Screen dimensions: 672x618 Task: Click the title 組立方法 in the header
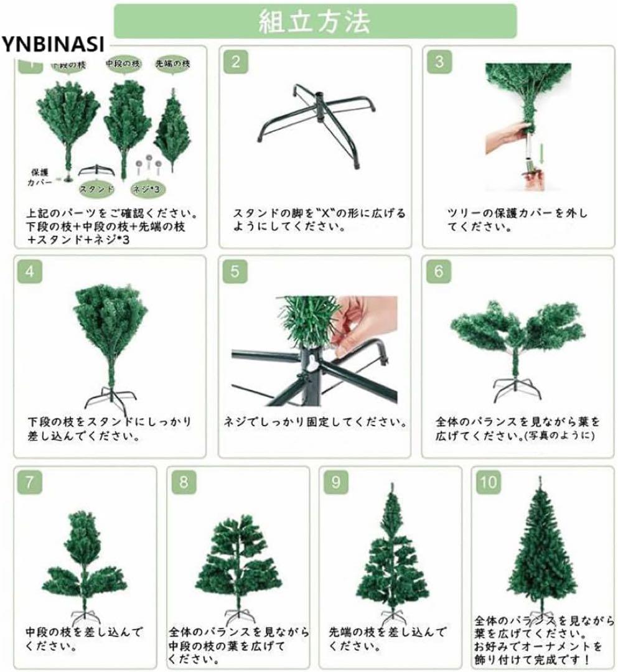coord(314,22)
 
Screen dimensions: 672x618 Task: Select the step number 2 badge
coord(235,62)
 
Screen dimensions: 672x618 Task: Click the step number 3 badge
coord(439,62)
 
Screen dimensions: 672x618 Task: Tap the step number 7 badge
coord(30,482)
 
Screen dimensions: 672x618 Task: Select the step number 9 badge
coord(335,482)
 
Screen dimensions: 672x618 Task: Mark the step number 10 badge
coord(489,482)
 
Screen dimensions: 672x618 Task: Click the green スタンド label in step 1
coord(96,188)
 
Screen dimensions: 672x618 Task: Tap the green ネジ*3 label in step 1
coord(147,188)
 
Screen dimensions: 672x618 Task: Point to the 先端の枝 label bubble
coord(172,64)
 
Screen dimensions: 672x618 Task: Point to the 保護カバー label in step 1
coord(39,177)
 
